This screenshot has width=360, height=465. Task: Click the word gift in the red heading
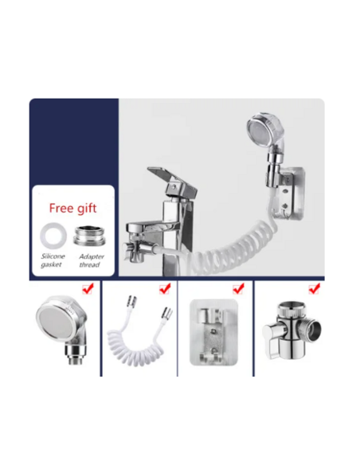(x=85, y=209)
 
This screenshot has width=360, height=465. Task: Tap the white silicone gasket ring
(x=53, y=236)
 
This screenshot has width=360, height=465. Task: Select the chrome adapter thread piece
(x=89, y=236)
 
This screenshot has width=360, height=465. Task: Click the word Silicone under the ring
(x=53, y=256)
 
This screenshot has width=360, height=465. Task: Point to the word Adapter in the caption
(x=92, y=256)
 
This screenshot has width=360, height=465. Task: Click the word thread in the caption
(x=89, y=264)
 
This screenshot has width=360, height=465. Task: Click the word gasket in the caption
(x=51, y=264)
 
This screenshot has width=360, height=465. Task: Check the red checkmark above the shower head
(x=88, y=288)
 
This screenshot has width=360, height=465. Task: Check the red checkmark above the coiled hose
(x=165, y=288)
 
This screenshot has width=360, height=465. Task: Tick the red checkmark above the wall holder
(x=238, y=288)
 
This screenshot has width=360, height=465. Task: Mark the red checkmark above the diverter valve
(x=314, y=288)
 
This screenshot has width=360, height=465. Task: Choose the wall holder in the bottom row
(x=213, y=332)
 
